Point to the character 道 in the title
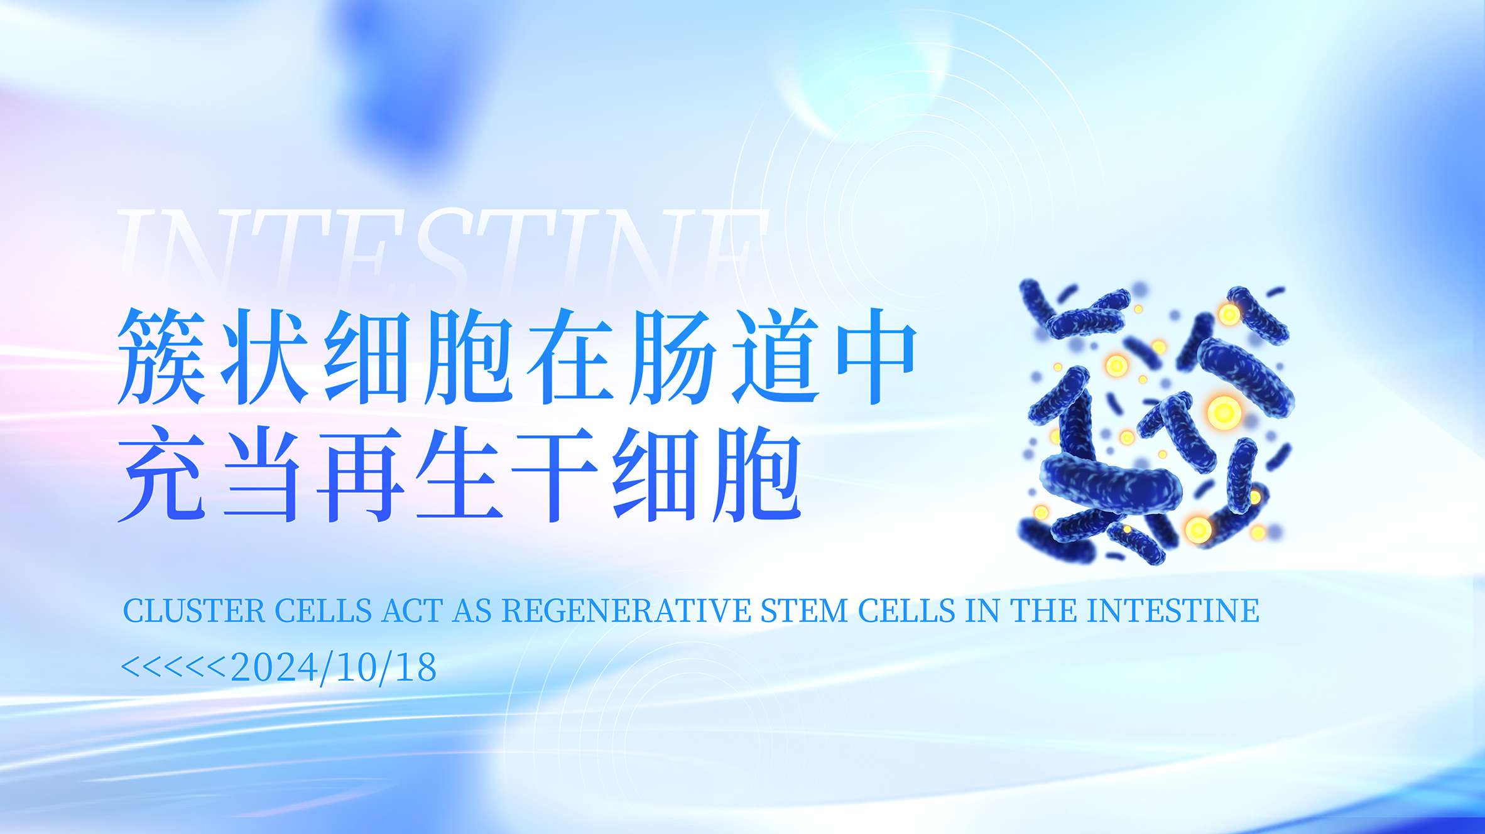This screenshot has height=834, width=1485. (776, 356)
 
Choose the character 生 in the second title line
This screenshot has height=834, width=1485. (459, 474)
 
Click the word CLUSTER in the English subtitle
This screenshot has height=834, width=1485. (194, 611)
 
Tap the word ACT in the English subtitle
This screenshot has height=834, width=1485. (412, 611)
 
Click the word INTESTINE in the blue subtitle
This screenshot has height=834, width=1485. (1173, 611)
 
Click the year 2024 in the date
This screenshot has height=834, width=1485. (275, 668)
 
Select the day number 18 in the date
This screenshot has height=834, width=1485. (416, 668)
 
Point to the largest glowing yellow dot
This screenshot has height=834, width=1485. (1224, 413)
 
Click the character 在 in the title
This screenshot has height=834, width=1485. (570, 356)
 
